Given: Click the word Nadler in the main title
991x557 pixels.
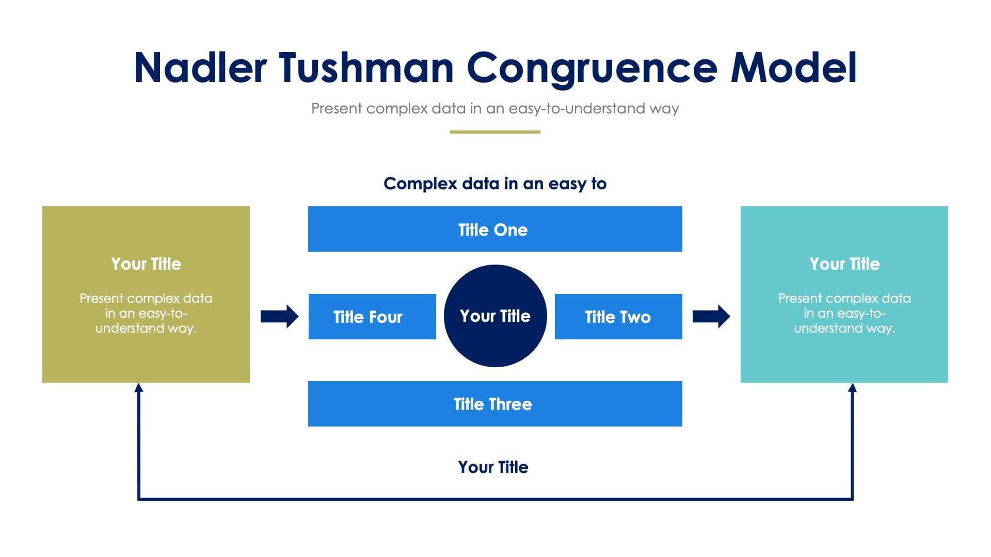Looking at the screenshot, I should coord(200,68).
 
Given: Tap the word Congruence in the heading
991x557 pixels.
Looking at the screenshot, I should coord(592,69).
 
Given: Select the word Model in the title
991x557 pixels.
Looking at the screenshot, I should coord(794,68).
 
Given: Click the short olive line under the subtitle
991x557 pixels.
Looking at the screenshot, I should coord(495,132).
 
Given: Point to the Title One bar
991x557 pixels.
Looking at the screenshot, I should coord(495,229).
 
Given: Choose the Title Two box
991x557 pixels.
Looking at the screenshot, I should coord(618,317).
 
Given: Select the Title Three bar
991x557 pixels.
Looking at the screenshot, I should coord(495,404).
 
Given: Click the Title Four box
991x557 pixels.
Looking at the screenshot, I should coord(372,317).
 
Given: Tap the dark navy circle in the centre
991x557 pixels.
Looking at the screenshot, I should coord(495,316).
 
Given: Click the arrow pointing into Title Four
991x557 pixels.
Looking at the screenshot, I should coord(279,316).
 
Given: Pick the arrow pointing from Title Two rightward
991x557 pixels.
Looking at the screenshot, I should coord(711,316).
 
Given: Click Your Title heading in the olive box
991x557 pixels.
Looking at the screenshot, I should coord(146,264).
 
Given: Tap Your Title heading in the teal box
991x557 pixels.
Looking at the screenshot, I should coord(844,264).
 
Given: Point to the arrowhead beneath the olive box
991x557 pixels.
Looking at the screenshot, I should coord(138,388).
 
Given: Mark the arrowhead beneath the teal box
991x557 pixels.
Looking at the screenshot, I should coord(852,388).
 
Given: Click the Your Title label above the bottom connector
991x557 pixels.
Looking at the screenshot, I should coord(493,467).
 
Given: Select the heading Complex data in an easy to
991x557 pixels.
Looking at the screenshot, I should coord(495,183).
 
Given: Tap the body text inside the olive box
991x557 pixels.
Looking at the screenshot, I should coord(146,313).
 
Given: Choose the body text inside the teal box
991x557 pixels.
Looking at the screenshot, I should coord(844,313).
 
